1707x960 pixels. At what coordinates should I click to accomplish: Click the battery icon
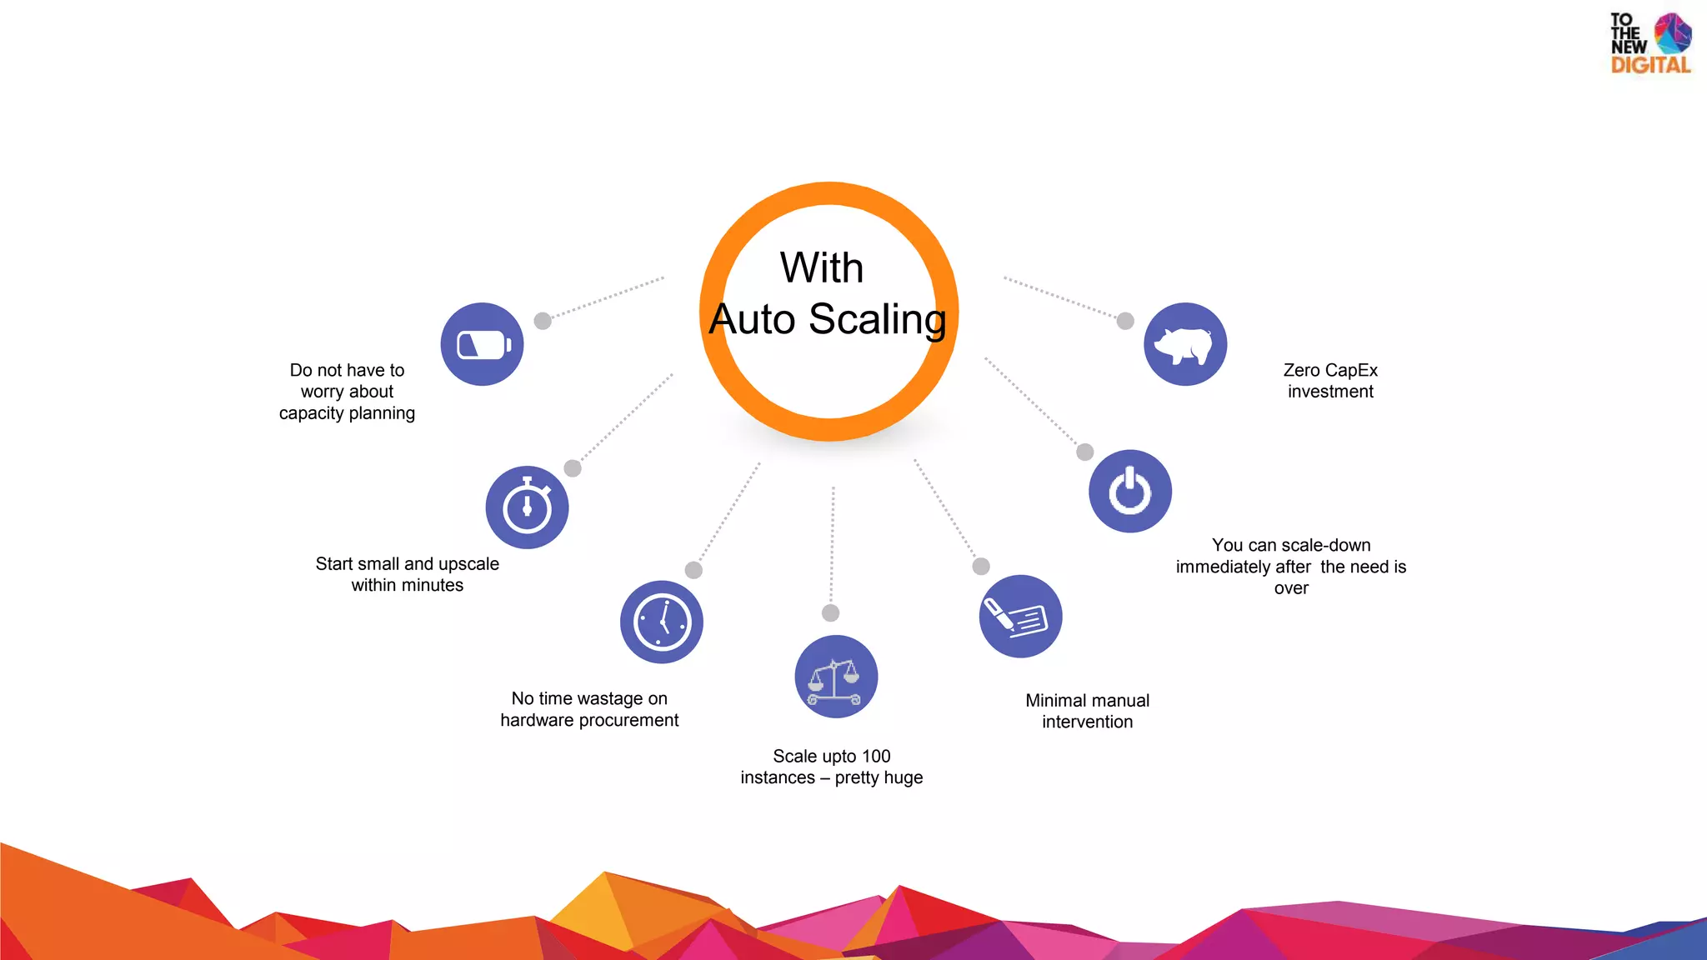[x=483, y=344]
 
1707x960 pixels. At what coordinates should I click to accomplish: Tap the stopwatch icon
[x=527, y=507]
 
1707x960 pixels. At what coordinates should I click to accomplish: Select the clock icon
[x=662, y=622]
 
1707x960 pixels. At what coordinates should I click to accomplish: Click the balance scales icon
[x=835, y=677]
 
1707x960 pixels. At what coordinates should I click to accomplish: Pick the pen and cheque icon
[x=1020, y=617]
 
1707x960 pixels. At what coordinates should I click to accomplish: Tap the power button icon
[x=1130, y=491]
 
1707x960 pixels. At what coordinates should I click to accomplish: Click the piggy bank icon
[x=1184, y=344]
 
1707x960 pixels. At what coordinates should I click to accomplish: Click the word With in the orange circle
[x=821, y=267]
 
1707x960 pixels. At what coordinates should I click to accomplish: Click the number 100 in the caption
[x=876, y=756]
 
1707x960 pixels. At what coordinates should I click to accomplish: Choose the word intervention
[x=1087, y=722]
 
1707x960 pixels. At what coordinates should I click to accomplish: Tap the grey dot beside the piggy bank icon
[x=1125, y=321]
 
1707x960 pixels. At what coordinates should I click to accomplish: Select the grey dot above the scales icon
[x=830, y=613]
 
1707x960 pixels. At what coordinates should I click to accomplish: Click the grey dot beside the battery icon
[x=543, y=321]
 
